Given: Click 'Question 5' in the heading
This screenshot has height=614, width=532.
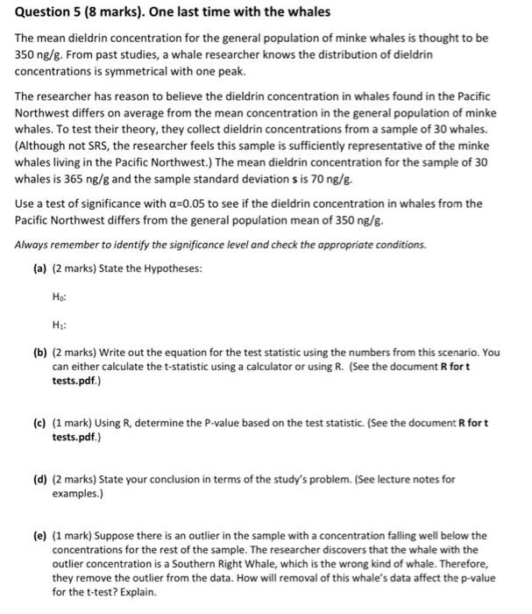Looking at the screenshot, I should tap(44, 11).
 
